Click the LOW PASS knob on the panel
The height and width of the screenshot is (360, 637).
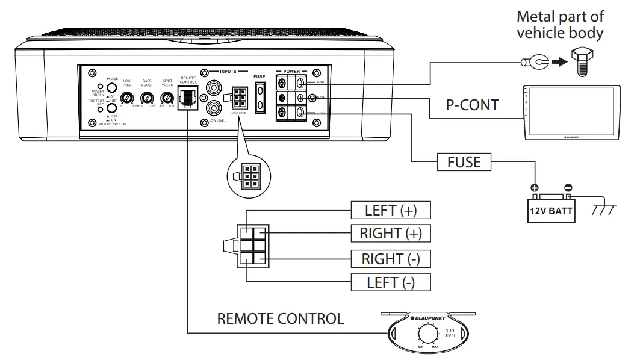[x=127, y=98]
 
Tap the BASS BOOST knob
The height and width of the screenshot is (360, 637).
[x=146, y=98]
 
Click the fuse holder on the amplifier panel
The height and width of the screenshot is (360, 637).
[x=259, y=97]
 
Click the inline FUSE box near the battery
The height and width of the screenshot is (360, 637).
[x=464, y=163]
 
